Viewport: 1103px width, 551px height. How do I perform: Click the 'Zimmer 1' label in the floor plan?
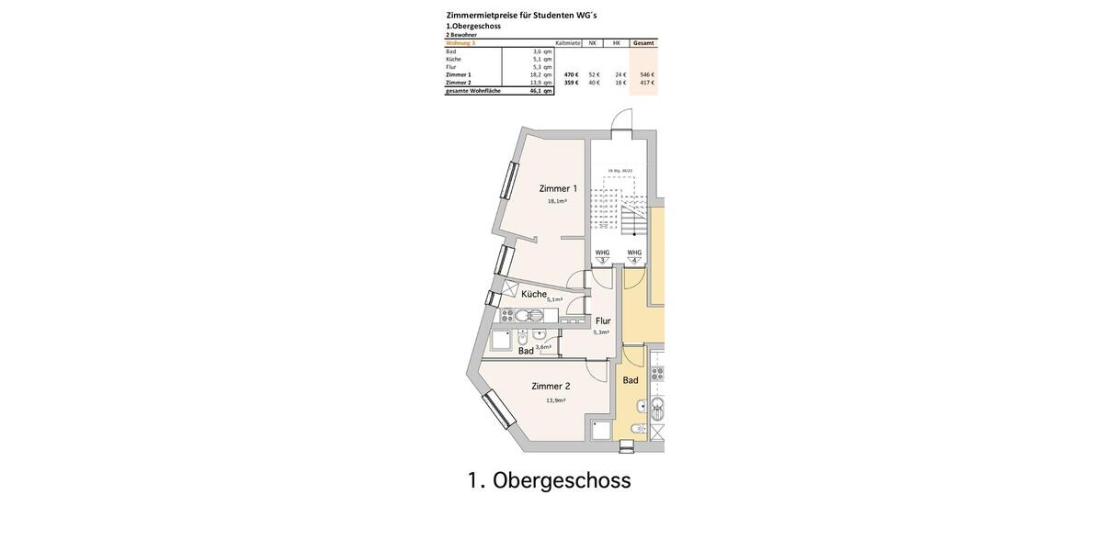point(558,188)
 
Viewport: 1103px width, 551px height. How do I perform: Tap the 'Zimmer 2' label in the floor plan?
point(551,387)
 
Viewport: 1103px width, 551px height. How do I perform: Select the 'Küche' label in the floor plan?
point(533,295)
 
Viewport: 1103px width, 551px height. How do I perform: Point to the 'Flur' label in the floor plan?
point(603,321)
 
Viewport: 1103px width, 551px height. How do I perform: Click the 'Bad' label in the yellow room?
point(631,380)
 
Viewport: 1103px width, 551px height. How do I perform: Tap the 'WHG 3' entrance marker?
point(603,255)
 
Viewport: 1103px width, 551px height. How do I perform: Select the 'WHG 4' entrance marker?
point(634,255)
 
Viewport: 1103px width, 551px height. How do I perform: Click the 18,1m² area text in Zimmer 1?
point(557,201)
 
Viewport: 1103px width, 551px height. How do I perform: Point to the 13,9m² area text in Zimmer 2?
point(555,400)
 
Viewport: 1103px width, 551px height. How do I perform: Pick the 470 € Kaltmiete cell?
point(571,74)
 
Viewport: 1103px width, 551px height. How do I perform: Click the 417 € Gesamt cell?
point(647,83)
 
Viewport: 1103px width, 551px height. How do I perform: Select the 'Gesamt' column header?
point(643,43)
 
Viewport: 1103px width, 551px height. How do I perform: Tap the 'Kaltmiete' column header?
point(568,43)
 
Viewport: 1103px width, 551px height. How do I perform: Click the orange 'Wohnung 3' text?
point(461,43)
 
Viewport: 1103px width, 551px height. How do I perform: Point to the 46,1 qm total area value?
point(540,91)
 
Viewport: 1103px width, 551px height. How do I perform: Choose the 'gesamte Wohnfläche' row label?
point(473,91)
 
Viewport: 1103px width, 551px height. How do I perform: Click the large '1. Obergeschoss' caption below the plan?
point(549,480)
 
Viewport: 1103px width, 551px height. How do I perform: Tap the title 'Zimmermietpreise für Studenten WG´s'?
point(521,15)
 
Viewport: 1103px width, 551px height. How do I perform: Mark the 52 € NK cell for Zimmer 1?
point(594,74)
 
